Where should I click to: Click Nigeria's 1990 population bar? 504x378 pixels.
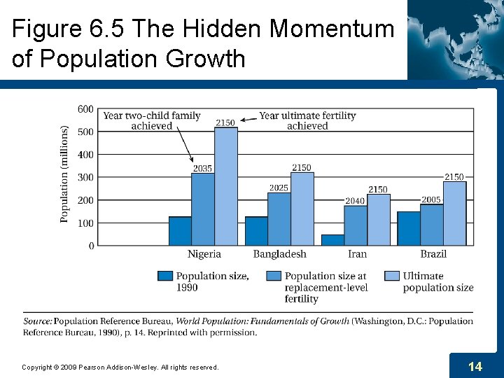tap(180, 231)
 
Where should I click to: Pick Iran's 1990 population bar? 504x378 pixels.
tap(332, 240)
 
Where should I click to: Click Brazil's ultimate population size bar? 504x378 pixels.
tap(454, 213)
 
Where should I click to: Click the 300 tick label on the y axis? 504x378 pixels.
tap(85, 177)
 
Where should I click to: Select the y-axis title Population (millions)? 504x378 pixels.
tap(64, 174)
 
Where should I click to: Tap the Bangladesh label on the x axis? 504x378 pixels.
tap(279, 254)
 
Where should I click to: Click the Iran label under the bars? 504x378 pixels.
tap(356, 254)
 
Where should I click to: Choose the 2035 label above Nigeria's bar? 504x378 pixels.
tap(203, 168)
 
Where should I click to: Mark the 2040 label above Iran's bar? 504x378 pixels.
tap(355, 201)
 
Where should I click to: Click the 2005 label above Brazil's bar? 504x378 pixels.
tap(431, 199)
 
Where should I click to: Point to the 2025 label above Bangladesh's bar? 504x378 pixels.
tap(279, 188)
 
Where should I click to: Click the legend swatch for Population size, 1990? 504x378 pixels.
tap(165, 276)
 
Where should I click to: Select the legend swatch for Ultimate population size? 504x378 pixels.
tap(392, 276)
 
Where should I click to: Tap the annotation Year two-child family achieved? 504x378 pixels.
tap(152, 120)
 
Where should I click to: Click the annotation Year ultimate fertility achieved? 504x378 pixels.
tap(307, 120)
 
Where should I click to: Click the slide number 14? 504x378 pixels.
tap(475, 366)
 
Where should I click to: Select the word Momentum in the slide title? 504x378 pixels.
tap(332, 29)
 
